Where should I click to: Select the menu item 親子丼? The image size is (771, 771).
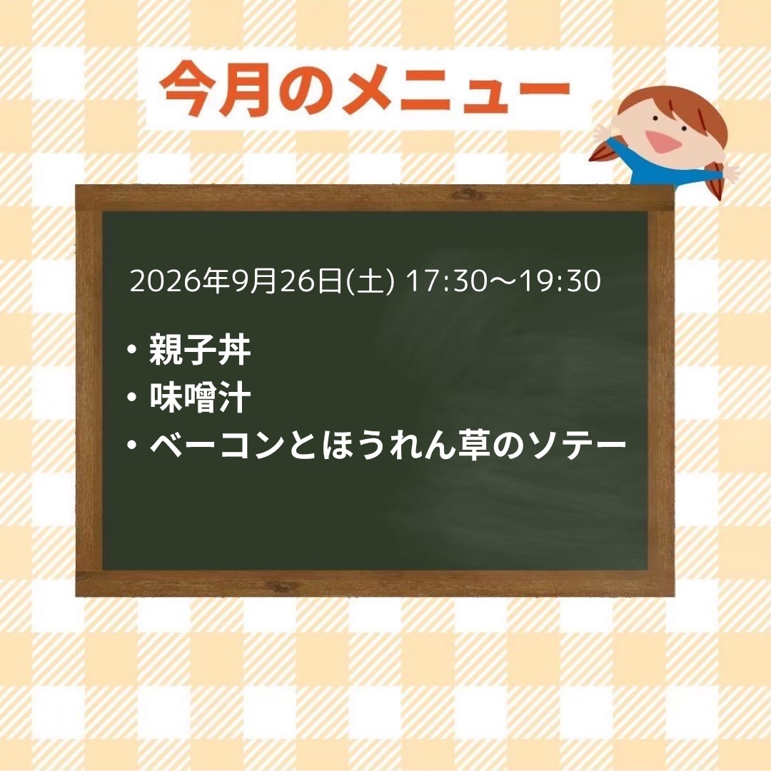tap(200, 350)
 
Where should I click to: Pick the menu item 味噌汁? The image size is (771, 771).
tap(200, 398)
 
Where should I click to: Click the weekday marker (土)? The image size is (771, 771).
tap(371, 281)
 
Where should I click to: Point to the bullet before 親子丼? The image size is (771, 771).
tap(131, 350)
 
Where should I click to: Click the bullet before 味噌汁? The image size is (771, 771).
tap(131, 398)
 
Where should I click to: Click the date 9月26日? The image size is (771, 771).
tap(287, 281)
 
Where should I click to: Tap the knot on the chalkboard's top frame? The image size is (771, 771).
tap(466, 195)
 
